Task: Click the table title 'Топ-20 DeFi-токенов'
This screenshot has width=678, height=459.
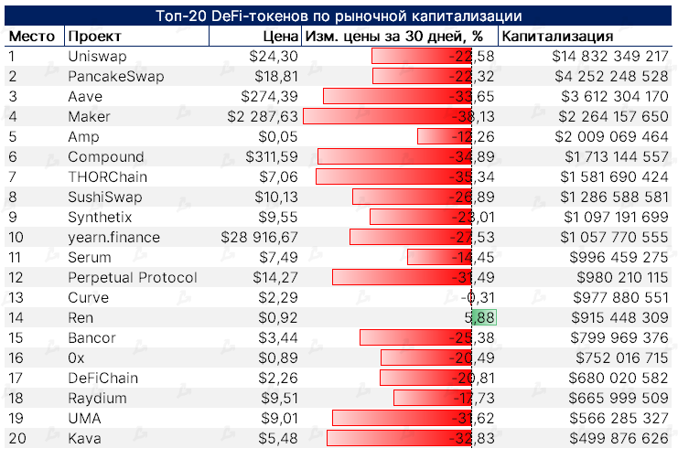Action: (338, 16)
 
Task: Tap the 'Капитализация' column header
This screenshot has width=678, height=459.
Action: (558, 37)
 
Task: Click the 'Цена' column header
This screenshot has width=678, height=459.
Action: (280, 37)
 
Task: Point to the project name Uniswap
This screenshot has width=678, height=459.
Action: (97, 57)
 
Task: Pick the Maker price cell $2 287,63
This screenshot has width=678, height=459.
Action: (260, 117)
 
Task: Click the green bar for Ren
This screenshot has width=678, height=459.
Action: (483, 318)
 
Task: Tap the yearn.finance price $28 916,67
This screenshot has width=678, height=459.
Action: (260, 238)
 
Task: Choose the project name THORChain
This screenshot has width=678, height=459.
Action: (107, 176)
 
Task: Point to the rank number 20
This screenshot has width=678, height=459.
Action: (18, 438)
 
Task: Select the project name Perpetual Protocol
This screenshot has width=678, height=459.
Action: (132, 278)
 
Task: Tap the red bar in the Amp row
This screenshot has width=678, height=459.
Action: (443, 137)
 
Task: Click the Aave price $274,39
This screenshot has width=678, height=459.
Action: (270, 97)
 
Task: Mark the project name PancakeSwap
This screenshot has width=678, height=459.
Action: (115, 77)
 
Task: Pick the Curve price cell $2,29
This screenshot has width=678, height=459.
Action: (279, 298)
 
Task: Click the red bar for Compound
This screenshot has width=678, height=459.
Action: (393, 157)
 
